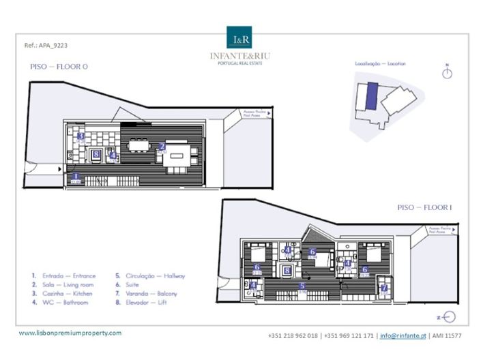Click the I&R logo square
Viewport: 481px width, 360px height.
coord(240,38)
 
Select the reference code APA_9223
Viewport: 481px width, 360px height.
coord(45,46)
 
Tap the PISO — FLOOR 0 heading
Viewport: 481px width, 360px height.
coord(60,67)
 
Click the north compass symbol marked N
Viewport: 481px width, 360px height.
coord(447,72)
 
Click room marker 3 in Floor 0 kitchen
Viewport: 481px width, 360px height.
coord(81,136)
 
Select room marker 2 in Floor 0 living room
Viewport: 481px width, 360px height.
coord(162,147)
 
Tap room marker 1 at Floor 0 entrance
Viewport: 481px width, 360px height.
coord(76,177)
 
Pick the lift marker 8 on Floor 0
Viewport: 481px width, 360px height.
coord(96,155)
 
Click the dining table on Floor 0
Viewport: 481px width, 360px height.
coord(139,144)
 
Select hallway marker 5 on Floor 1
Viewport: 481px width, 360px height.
coord(302,286)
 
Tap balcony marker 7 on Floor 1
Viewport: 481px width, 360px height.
coord(384,288)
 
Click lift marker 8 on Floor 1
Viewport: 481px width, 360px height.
coord(287,270)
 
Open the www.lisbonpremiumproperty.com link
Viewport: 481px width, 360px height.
coord(70,333)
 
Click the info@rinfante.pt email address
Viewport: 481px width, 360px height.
coord(403,336)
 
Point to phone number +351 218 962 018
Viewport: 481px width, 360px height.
coord(293,336)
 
